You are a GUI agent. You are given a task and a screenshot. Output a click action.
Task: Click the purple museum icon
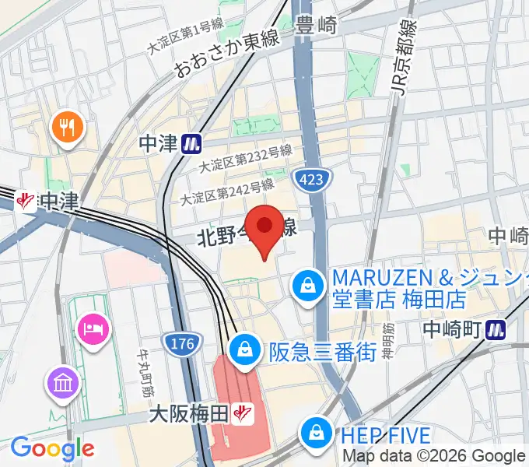click(61, 381)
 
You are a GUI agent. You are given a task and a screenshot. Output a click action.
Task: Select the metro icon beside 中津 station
click(191, 143)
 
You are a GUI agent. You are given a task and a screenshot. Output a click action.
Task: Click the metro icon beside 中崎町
click(495, 330)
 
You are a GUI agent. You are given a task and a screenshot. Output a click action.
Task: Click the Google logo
click(52, 448)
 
